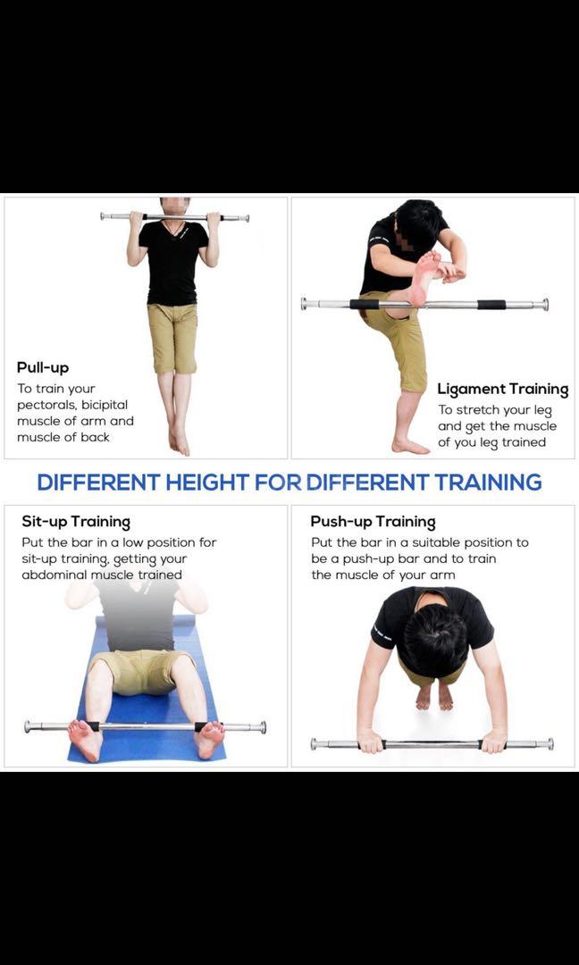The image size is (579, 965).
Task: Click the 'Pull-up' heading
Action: [42, 367]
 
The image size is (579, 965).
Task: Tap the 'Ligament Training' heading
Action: [502, 389]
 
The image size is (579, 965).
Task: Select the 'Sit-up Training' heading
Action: [76, 522]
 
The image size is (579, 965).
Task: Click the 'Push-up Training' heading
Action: [373, 522]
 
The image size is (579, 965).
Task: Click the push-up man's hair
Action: [435, 639]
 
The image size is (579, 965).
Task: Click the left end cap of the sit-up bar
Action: [29, 726]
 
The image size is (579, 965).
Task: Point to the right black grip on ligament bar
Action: [491, 305]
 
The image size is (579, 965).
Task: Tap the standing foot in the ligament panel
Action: [411, 445]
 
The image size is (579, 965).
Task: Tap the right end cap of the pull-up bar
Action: [244, 218]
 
